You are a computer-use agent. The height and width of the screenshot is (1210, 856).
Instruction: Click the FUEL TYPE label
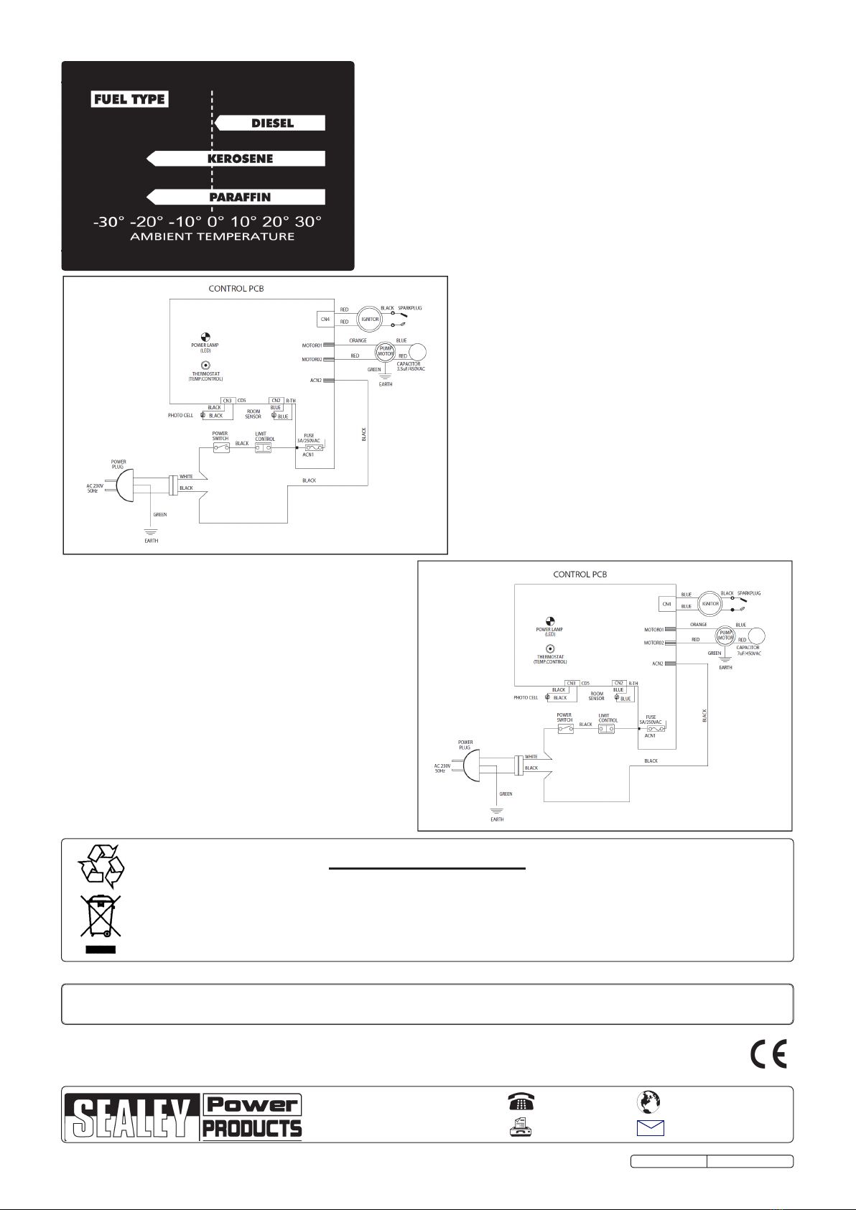coord(130,99)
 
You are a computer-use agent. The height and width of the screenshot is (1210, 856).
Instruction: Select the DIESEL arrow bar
coord(271,124)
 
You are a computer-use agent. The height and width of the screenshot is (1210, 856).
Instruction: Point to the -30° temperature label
coord(108,222)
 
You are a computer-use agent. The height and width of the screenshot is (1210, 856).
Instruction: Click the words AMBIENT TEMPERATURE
coord(212,236)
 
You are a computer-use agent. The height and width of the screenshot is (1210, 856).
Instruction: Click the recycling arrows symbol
coord(101,865)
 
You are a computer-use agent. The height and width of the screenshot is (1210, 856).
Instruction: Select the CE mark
coord(768,1053)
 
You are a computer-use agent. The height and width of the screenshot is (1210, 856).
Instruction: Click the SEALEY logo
coord(131,1117)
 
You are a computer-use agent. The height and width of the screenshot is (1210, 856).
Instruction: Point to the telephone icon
coord(521,1102)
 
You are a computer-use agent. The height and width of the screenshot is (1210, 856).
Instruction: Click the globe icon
coord(649,1102)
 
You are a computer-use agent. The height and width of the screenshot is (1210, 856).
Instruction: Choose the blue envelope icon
coord(650,1127)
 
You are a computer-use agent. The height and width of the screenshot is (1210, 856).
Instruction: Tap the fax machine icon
coord(521,1127)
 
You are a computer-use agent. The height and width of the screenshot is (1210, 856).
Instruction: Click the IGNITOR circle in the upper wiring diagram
coord(370,319)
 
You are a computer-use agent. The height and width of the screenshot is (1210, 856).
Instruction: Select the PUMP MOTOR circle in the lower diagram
coord(726,636)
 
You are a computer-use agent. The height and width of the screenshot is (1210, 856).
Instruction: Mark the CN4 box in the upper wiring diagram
coord(325,319)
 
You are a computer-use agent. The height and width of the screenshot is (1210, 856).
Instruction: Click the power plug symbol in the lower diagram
coord(471,766)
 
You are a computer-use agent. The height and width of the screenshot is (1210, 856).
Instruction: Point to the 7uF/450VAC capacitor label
coord(749,653)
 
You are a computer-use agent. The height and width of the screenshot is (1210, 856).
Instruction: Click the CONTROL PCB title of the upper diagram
coord(236,289)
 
